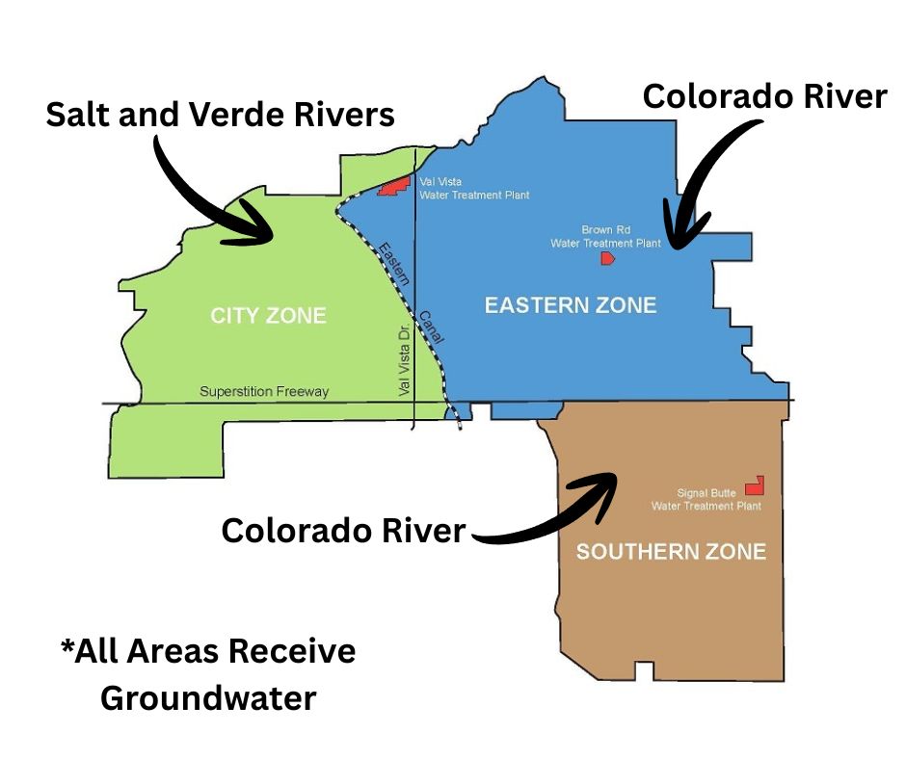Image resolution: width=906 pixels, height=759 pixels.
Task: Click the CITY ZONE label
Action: coord(268,315)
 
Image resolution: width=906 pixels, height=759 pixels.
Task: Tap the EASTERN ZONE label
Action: coord(570,305)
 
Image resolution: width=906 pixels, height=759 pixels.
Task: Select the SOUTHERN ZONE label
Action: coord(671,552)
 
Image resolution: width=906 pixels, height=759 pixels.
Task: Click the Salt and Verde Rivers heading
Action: coord(221,115)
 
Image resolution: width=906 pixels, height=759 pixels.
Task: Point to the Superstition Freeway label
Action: coord(264,392)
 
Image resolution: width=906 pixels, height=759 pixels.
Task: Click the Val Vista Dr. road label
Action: coord(405,359)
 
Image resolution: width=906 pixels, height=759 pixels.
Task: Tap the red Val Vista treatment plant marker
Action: coord(393,186)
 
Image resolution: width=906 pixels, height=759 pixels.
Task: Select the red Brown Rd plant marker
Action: coord(607,258)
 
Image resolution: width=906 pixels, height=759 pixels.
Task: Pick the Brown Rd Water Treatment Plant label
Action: coord(605,237)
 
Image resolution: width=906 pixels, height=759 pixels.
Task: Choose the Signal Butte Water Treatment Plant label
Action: coord(706,500)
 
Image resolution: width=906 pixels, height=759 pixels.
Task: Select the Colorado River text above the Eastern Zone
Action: coord(764,97)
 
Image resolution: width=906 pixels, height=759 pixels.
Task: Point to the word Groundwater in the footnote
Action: coord(208,697)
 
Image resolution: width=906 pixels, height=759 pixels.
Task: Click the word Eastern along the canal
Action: coord(393,261)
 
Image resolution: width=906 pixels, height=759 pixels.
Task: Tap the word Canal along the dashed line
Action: coord(430,327)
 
